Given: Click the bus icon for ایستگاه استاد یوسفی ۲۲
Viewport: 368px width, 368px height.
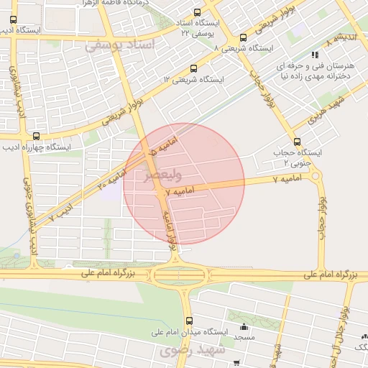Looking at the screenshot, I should pyautogui.click(x=198, y=12).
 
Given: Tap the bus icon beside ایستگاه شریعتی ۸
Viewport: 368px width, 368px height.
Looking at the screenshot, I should pyautogui.click(x=243, y=37).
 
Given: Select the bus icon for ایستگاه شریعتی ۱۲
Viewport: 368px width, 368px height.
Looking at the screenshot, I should pyautogui.click(x=192, y=69).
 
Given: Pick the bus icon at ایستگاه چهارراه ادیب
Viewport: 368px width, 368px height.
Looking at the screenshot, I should pyautogui.click(x=36, y=136).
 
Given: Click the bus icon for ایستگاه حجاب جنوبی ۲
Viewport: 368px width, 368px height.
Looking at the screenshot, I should pyautogui.click(x=298, y=142).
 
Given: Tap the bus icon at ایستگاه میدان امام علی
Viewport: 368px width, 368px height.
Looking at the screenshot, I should pyautogui.click(x=189, y=321).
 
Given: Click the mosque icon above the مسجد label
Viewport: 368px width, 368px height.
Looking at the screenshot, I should pyautogui.click(x=244, y=326).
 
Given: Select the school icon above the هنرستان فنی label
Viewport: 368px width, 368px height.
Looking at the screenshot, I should pyautogui.click(x=314, y=55).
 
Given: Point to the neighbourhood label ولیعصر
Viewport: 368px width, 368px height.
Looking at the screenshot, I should pyautogui.click(x=163, y=175).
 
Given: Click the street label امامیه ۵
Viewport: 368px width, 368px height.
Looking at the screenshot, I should pyautogui.click(x=143, y=157).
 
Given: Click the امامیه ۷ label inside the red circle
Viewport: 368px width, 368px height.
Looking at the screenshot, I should pyautogui.click(x=180, y=192).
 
